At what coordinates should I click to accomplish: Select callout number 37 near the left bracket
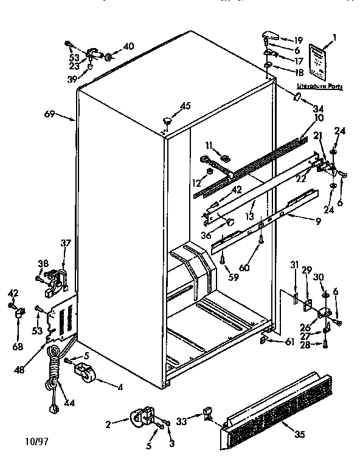click(65, 243)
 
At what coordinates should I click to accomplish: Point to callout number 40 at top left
click(128, 46)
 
